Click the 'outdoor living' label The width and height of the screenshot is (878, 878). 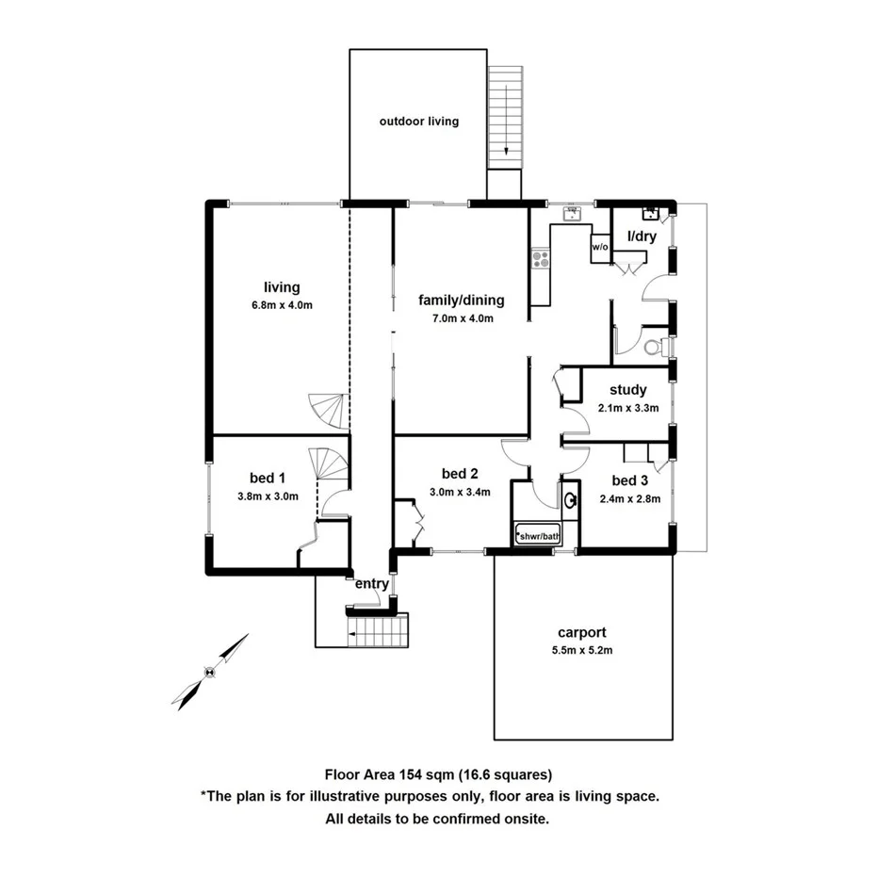(x=419, y=122)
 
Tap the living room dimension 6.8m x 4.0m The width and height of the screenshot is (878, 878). (x=282, y=304)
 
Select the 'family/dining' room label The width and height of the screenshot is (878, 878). (x=462, y=301)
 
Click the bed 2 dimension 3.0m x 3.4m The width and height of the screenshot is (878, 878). (x=462, y=491)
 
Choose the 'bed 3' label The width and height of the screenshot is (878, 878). (x=630, y=481)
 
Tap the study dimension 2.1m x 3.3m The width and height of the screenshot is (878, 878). (x=627, y=408)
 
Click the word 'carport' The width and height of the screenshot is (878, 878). (x=581, y=633)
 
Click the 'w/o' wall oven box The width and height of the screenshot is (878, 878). (x=600, y=247)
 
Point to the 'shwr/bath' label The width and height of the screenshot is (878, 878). (x=538, y=537)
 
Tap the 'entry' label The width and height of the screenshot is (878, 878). (x=372, y=584)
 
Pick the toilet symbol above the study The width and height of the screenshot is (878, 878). (x=652, y=347)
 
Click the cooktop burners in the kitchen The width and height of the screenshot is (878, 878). (x=540, y=258)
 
